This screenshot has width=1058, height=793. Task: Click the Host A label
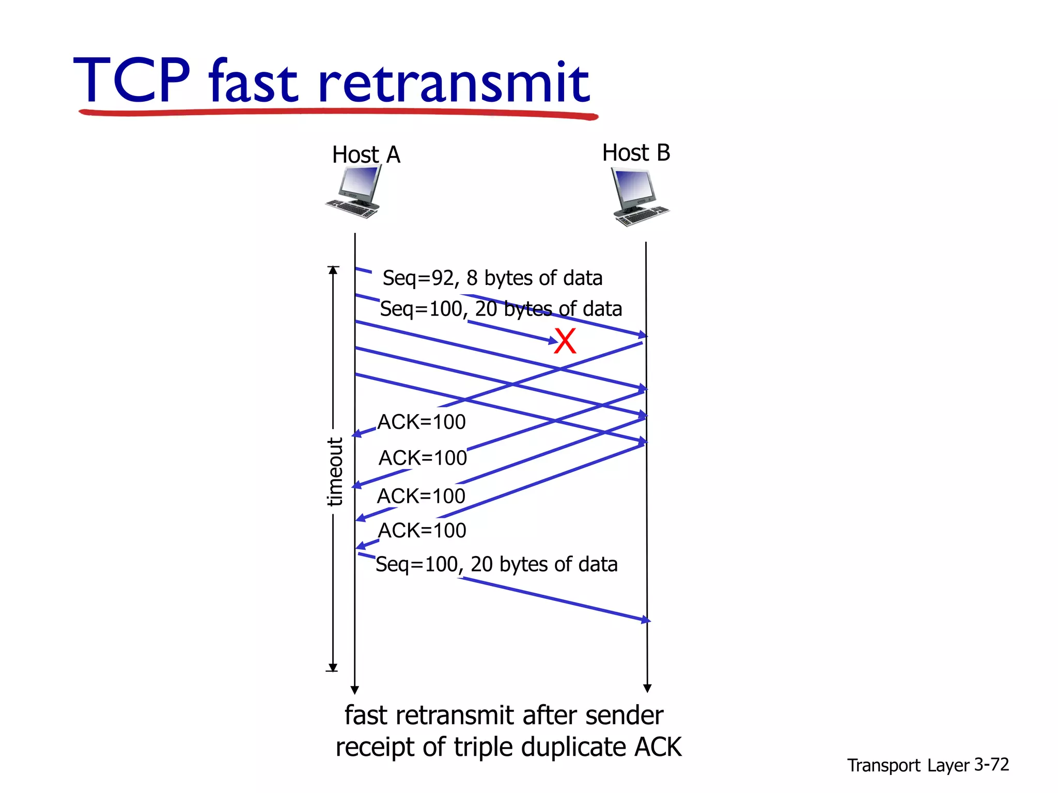coord(366,154)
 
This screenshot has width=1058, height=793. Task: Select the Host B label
coord(636,153)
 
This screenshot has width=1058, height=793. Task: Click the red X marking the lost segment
coord(565,341)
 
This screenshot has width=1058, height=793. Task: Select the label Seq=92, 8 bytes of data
coord(492,278)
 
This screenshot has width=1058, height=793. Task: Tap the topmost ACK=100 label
coord(422,422)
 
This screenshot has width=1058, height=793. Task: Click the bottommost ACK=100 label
coord(422,531)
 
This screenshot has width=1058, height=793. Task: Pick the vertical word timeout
coord(335,471)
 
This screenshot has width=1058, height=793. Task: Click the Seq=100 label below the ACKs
coord(496,564)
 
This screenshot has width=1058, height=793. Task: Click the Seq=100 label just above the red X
coord(501,309)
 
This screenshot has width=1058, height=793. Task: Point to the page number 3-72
coord(991,765)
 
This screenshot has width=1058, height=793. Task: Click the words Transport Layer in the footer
coord(909,765)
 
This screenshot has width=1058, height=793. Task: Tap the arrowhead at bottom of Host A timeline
coord(354,690)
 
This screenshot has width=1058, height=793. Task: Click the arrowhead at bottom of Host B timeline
coord(647,688)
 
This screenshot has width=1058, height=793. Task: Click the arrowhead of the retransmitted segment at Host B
coord(646,620)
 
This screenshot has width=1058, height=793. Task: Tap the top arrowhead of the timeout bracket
coord(333,270)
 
